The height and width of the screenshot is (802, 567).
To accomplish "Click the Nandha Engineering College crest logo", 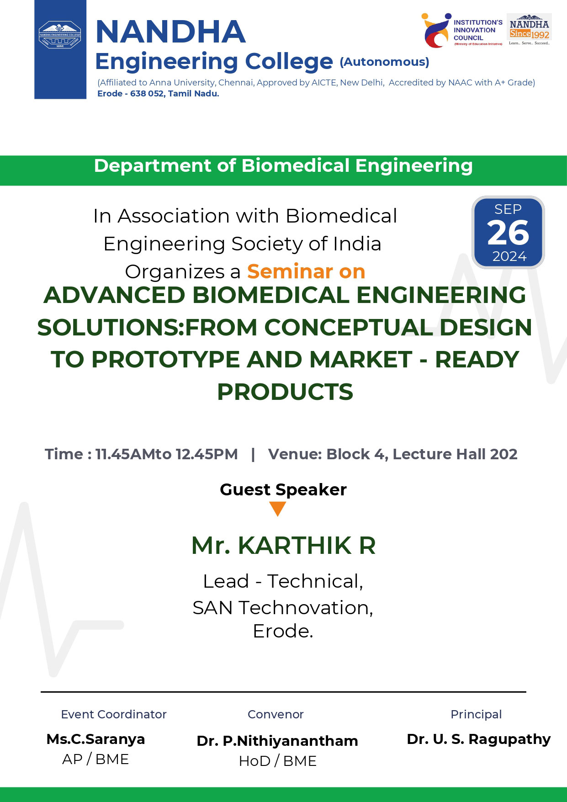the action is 60,36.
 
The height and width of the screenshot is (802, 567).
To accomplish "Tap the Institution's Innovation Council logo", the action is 462,30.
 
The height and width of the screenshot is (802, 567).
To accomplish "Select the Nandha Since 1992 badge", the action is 529,30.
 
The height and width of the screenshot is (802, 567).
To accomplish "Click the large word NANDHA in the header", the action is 171,32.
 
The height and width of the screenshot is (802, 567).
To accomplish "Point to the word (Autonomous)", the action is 384,62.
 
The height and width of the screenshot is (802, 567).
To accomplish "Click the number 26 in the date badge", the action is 508,233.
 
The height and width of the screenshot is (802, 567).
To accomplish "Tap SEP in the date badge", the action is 508,209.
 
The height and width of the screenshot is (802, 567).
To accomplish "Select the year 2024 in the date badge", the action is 509,256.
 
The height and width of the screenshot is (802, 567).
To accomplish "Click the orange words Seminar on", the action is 306,271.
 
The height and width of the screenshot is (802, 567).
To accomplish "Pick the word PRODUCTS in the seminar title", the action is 285,392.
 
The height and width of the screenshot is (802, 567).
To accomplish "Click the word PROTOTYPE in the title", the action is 165,359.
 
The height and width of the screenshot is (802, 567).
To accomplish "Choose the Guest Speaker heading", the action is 283,489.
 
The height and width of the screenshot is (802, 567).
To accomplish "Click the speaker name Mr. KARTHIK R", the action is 283,545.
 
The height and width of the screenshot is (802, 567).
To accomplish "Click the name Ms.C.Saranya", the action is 95,739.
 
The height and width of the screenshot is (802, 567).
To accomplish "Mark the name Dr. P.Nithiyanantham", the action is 277,741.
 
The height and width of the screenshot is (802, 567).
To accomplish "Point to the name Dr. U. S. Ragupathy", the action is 479,739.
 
